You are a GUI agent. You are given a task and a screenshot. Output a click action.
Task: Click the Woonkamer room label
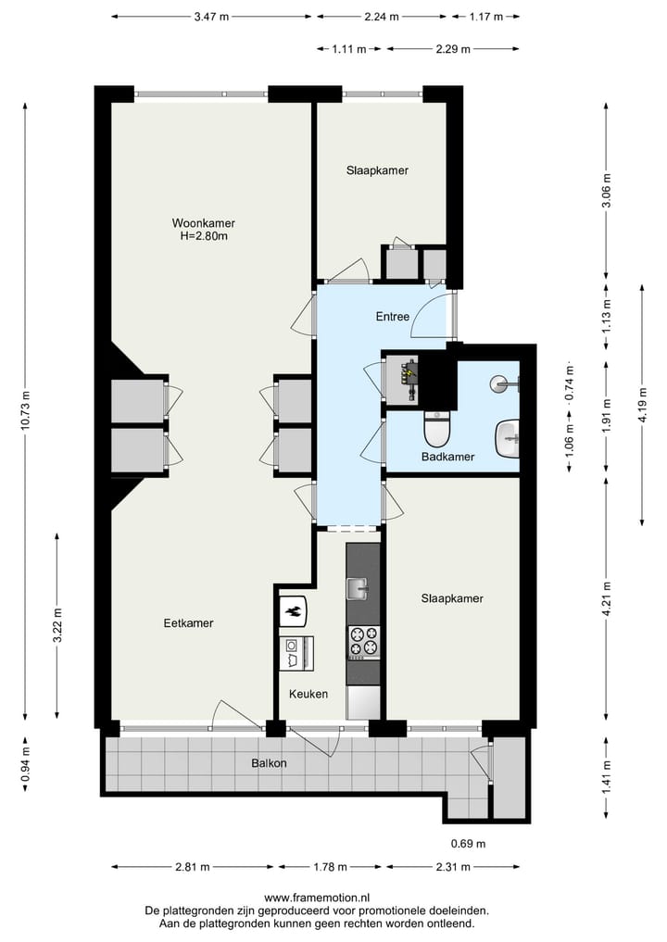pyautogui.click(x=203, y=223)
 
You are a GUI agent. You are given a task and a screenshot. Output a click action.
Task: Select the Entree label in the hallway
pyautogui.click(x=392, y=317)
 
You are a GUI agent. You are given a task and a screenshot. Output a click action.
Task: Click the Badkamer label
pyautogui.click(x=447, y=457)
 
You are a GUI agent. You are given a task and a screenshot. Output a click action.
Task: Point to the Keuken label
pyautogui.click(x=308, y=693)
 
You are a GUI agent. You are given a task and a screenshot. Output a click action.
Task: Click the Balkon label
pyautogui.click(x=267, y=763)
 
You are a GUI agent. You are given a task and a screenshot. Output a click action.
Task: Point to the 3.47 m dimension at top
pyautogui.click(x=214, y=17)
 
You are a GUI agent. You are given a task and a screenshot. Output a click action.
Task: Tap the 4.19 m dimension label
pyautogui.click(x=642, y=405)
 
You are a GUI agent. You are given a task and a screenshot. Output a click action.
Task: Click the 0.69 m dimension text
pyautogui.click(x=468, y=844)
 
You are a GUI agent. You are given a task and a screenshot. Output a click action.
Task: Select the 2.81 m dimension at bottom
pyautogui.click(x=193, y=867)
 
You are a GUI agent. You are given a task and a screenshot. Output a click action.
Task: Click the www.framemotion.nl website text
pyautogui.click(x=317, y=898)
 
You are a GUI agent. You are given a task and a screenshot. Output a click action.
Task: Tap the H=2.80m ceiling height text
pyautogui.click(x=204, y=236)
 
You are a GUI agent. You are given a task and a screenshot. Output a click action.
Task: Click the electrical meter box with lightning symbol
pyautogui.click(x=409, y=373)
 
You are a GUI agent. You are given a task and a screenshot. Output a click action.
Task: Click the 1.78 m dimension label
pyautogui.click(x=329, y=867)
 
